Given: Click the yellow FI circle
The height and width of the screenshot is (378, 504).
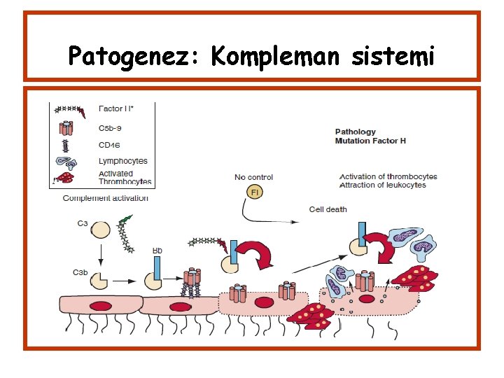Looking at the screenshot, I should pos(255,192).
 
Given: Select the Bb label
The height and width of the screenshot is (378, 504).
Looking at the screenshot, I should pos(157,250).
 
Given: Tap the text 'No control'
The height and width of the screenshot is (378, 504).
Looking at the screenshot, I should pos(253,177).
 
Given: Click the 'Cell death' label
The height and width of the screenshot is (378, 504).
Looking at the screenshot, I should pos(328,209).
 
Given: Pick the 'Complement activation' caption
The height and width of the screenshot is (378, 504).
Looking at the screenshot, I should pos(106,198).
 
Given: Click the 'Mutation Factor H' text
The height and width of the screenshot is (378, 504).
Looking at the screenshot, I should pos(370,141).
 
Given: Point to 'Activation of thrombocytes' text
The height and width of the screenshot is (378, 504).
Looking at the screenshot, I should pos(388,176).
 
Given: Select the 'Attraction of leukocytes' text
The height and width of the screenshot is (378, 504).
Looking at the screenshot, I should pos(382,185).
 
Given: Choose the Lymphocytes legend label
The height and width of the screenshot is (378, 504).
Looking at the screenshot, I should pos(122,161).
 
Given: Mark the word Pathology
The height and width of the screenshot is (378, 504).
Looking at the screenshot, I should pos(355,132).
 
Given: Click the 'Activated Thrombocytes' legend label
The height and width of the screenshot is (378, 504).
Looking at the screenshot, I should pos(125,177).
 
